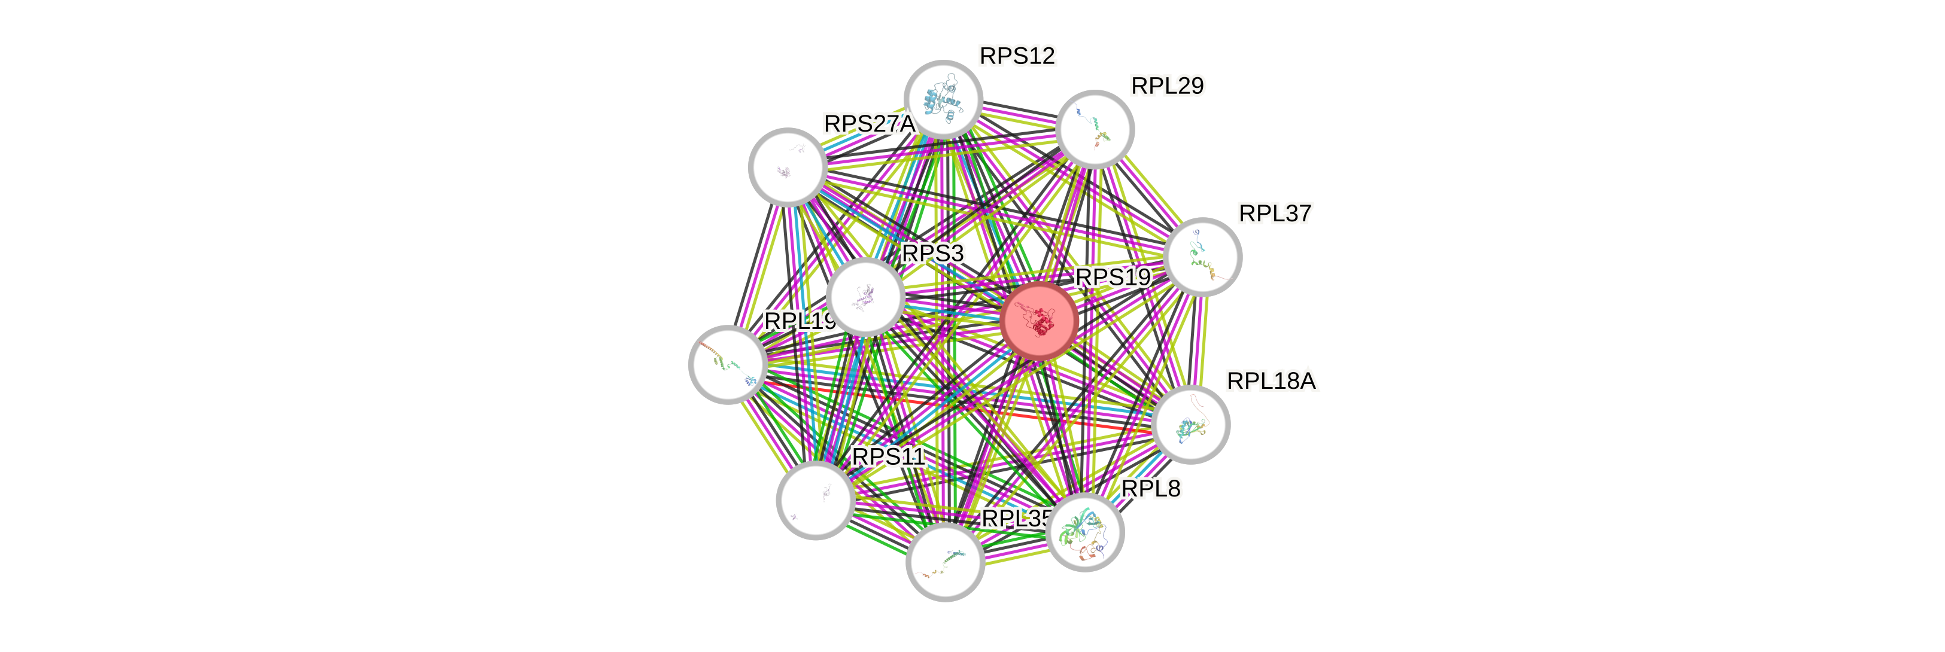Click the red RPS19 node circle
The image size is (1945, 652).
1040,321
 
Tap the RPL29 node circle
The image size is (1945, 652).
1095,129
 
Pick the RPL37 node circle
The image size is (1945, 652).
1203,257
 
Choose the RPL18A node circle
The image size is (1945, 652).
1192,425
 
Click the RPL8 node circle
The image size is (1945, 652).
1086,532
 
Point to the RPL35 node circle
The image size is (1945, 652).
944,563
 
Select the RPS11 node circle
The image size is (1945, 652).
816,500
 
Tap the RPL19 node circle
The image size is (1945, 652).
728,364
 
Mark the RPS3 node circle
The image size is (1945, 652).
865,297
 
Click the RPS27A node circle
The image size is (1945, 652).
788,167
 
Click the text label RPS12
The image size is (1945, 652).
1017,56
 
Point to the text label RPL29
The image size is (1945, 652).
1168,86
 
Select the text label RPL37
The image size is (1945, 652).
1275,214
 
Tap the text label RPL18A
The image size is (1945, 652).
1272,381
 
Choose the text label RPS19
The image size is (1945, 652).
1113,277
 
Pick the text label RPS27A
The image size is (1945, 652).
868,124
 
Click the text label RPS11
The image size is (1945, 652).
888,456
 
